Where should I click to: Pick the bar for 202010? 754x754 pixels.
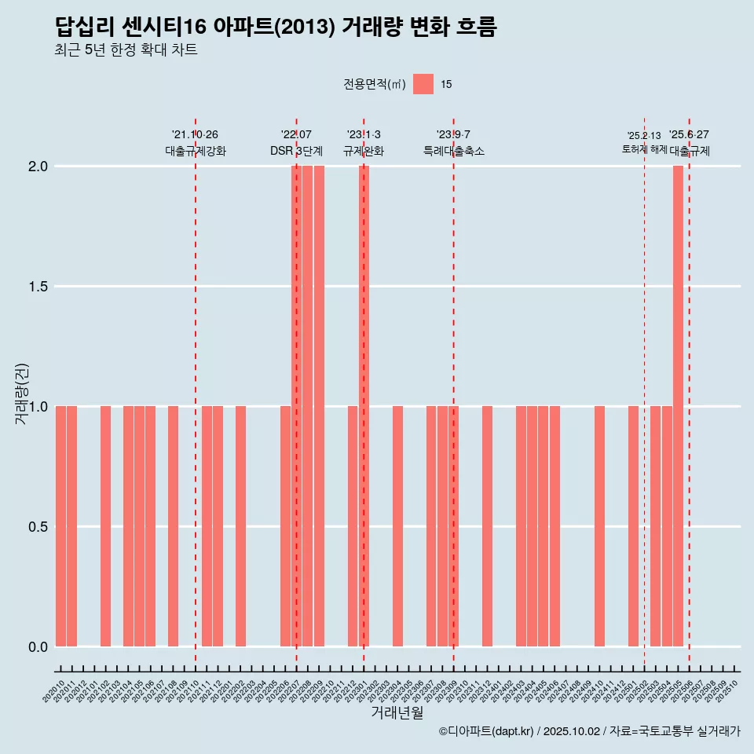click(x=60, y=526)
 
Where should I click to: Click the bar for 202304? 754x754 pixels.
click(x=397, y=526)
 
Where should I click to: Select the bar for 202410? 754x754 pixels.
click(x=599, y=526)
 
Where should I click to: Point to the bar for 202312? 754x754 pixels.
click(x=487, y=526)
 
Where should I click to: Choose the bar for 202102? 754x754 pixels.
click(x=105, y=526)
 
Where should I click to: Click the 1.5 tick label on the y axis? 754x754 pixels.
click(x=37, y=287)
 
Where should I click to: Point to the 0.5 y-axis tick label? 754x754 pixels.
click(x=37, y=527)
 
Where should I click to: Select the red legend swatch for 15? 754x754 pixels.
click(x=423, y=84)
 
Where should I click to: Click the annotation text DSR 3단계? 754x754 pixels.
click(x=296, y=151)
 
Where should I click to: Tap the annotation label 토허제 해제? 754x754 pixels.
click(x=644, y=148)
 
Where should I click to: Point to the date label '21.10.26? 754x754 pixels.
click(x=195, y=134)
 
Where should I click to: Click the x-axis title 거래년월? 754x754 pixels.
click(x=397, y=713)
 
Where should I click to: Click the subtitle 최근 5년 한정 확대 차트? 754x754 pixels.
click(x=126, y=50)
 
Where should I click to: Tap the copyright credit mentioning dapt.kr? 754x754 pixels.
click(x=589, y=731)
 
